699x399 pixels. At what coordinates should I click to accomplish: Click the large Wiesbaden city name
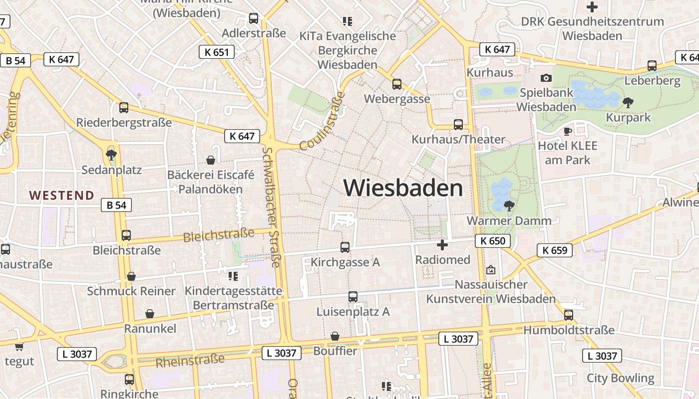pyautogui.click(x=403, y=189)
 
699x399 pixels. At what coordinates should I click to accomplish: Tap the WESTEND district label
pyautogui.click(x=61, y=196)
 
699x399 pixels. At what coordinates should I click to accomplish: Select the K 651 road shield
pyautogui.click(x=217, y=52)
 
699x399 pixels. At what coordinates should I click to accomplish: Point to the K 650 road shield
pyautogui.click(x=493, y=241)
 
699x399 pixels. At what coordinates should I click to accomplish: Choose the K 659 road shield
pyautogui.click(x=555, y=250)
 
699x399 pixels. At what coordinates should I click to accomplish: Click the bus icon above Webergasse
pyautogui.click(x=397, y=84)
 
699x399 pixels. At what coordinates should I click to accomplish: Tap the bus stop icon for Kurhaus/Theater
pyautogui.click(x=458, y=125)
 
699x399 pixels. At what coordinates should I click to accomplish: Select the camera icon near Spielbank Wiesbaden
pyautogui.click(x=546, y=78)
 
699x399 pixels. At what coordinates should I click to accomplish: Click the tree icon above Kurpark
pyautogui.click(x=628, y=103)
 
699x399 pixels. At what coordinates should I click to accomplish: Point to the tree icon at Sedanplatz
pyautogui.click(x=111, y=155)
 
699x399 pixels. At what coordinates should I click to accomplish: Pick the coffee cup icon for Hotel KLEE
pyautogui.click(x=567, y=131)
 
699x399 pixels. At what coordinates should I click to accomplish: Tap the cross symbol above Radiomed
pyautogui.click(x=442, y=245)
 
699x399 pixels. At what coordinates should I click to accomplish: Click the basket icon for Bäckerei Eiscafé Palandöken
pyautogui.click(x=211, y=160)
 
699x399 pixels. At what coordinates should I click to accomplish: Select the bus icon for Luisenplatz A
pyautogui.click(x=353, y=297)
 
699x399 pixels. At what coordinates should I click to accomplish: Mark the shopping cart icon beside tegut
pyautogui.click(x=19, y=347)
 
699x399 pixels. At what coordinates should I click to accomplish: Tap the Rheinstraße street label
pyautogui.click(x=190, y=361)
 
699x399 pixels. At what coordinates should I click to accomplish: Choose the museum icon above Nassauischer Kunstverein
pyautogui.click(x=491, y=270)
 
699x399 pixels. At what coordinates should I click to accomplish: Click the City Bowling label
pyautogui.click(x=620, y=378)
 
